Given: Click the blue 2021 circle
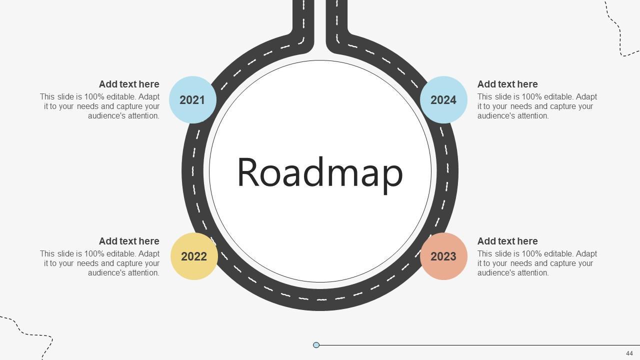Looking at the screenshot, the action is tap(192, 100).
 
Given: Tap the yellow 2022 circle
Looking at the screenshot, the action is tap(194, 256).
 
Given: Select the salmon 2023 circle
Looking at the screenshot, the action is tap(443, 256).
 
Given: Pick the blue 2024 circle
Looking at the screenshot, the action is tap(443, 100).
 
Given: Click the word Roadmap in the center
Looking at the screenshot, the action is tap(319, 172).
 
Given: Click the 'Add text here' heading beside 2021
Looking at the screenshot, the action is tap(129, 84).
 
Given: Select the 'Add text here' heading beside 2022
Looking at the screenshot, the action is tap(129, 241).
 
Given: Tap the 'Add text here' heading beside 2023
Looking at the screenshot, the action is tap(507, 241).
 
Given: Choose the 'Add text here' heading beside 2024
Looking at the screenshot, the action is tap(507, 84).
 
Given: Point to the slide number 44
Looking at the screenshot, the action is tap(629, 353).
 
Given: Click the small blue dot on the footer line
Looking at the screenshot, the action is tap(316, 345).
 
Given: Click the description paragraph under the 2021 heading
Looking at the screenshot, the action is tap(100, 106).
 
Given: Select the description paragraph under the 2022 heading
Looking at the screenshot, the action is tap(100, 263).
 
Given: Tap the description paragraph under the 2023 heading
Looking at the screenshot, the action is tap(537, 263).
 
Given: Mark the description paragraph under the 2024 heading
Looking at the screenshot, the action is tap(537, 106).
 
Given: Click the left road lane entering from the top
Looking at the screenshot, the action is tap(303, 20).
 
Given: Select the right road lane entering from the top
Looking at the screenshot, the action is tap(336, 20).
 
